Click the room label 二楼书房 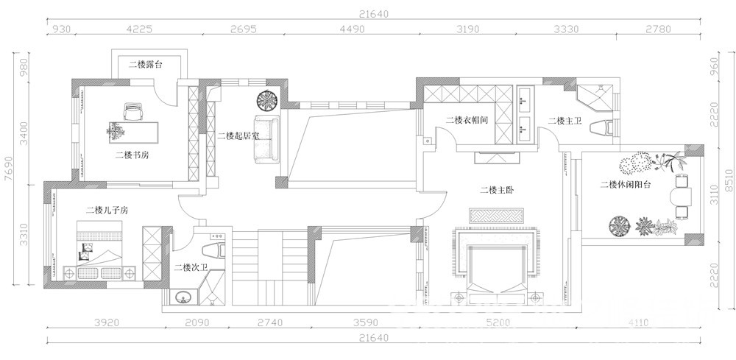[x=132, y=155]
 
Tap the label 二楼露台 [x=146, y=65]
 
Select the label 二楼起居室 [x=238, y=136]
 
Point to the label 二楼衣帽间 [x=467, y=120]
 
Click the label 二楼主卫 [x=565, y=121]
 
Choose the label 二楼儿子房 [x=107, y=211]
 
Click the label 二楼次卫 [x=191, y=267]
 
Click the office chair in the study [x=133, y=112]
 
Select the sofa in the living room [x=266, y=139]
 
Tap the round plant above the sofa [x=269, y=101]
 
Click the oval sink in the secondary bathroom [x=183, y=297]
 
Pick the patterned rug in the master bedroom [x=496, y=216]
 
